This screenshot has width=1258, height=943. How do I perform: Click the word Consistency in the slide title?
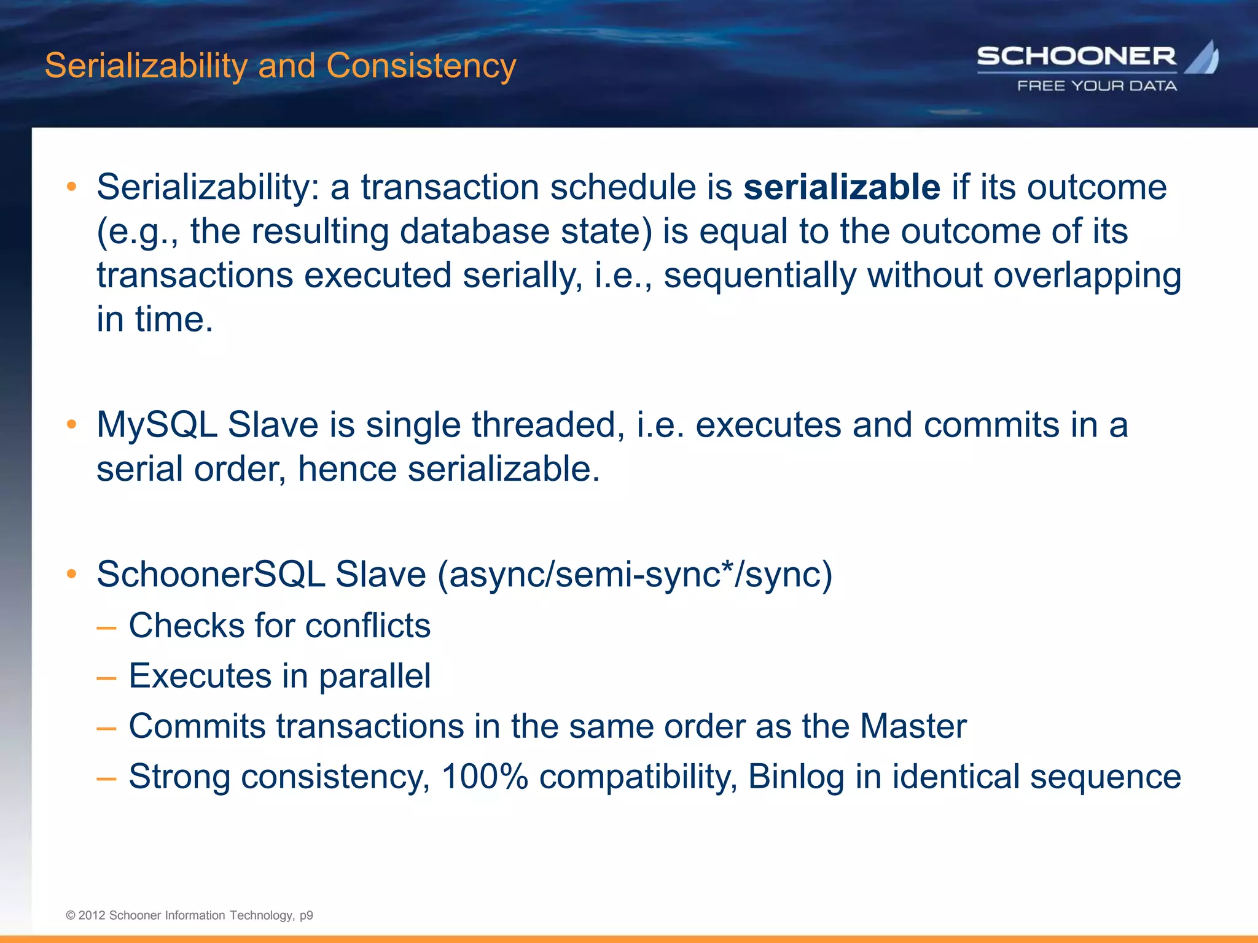coord(421,66)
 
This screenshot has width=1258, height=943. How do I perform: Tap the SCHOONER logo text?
coord(1076,57)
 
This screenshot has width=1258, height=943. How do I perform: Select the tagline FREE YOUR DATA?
coord(1097,86)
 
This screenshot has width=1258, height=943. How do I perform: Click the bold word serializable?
coord(842,187)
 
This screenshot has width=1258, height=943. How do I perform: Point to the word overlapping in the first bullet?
coord(1087,276)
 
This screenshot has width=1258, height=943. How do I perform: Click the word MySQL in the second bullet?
coord(157,425)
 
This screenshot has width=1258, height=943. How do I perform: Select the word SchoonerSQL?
coord(210,575)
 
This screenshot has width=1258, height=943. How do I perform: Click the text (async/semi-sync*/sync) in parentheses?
coord(635,575)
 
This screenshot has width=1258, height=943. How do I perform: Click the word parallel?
coord(374,676)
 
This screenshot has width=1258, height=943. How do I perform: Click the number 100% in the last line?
coord(485,777)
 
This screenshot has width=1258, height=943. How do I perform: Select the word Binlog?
coord(796,777)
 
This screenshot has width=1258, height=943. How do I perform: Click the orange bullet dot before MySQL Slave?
coord(72,424)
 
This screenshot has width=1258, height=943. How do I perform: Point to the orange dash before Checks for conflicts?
coord(106,628)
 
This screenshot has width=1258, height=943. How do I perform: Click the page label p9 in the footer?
coord(306,915)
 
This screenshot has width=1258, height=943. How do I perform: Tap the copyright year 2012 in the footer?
coord(92,915)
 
